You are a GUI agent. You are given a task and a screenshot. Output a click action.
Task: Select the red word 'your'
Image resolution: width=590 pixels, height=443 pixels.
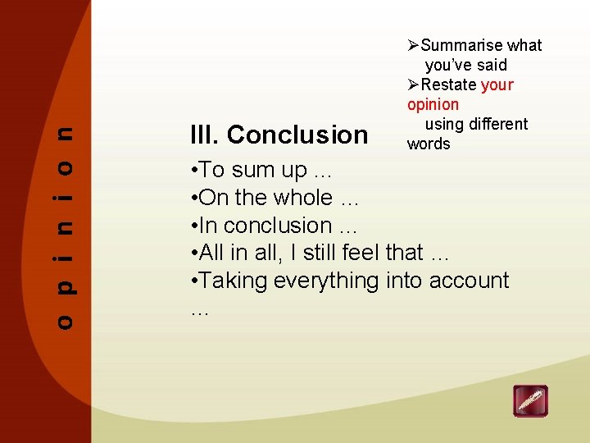(x=497, y=84)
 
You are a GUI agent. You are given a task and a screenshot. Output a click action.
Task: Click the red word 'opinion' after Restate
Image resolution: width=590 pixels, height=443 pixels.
(x=433, y=104)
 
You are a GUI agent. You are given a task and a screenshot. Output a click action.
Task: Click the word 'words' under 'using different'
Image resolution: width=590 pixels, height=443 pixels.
(x=429, y=144)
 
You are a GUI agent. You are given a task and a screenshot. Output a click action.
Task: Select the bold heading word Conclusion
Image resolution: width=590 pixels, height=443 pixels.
(x=297, y=135)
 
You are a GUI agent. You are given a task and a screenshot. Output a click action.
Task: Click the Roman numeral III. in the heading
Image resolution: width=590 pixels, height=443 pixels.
(x=204, y=135)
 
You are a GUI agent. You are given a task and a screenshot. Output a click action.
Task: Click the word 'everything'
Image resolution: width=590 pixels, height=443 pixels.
(x=326, y=281)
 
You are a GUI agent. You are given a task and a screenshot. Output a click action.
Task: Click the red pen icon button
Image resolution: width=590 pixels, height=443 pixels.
(x=530, y=401)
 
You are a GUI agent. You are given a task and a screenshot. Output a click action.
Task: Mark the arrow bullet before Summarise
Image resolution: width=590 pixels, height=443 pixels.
(x=413, y=45)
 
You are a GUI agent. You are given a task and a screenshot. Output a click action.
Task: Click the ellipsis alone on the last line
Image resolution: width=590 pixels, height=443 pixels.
(x=199, y=310)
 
